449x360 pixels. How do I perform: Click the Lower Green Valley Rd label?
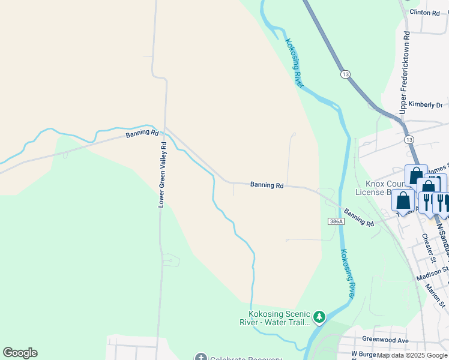pos(161,175)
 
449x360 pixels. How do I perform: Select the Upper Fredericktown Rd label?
pos(404,72)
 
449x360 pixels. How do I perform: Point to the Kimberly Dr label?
pos(425,104)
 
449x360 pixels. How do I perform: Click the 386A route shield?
pos(336,221)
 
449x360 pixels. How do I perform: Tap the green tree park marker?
pos(319,316)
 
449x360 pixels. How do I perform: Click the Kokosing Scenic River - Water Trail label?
pos(279,318)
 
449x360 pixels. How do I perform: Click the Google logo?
pos(20,353)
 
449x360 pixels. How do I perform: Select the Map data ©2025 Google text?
pos(412,355)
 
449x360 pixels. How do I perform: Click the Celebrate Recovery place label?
pos(240,358)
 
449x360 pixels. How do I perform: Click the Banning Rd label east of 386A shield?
pos(360,218)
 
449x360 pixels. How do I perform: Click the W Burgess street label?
pos(363,354)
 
